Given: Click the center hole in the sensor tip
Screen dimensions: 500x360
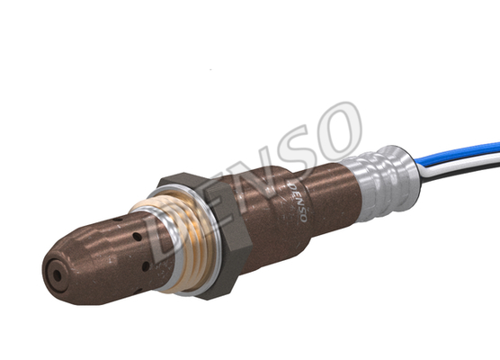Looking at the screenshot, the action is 57,275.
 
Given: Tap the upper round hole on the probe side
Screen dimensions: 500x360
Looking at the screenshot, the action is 137,237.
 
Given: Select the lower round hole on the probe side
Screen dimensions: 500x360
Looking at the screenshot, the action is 146,266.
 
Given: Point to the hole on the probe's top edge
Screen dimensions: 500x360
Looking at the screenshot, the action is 118,220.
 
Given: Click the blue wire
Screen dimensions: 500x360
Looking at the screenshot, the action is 457,154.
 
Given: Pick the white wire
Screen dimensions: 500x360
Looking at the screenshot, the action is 460,163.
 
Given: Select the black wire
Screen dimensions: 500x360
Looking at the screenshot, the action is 460,172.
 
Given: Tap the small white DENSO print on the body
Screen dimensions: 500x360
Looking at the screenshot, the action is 297,202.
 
